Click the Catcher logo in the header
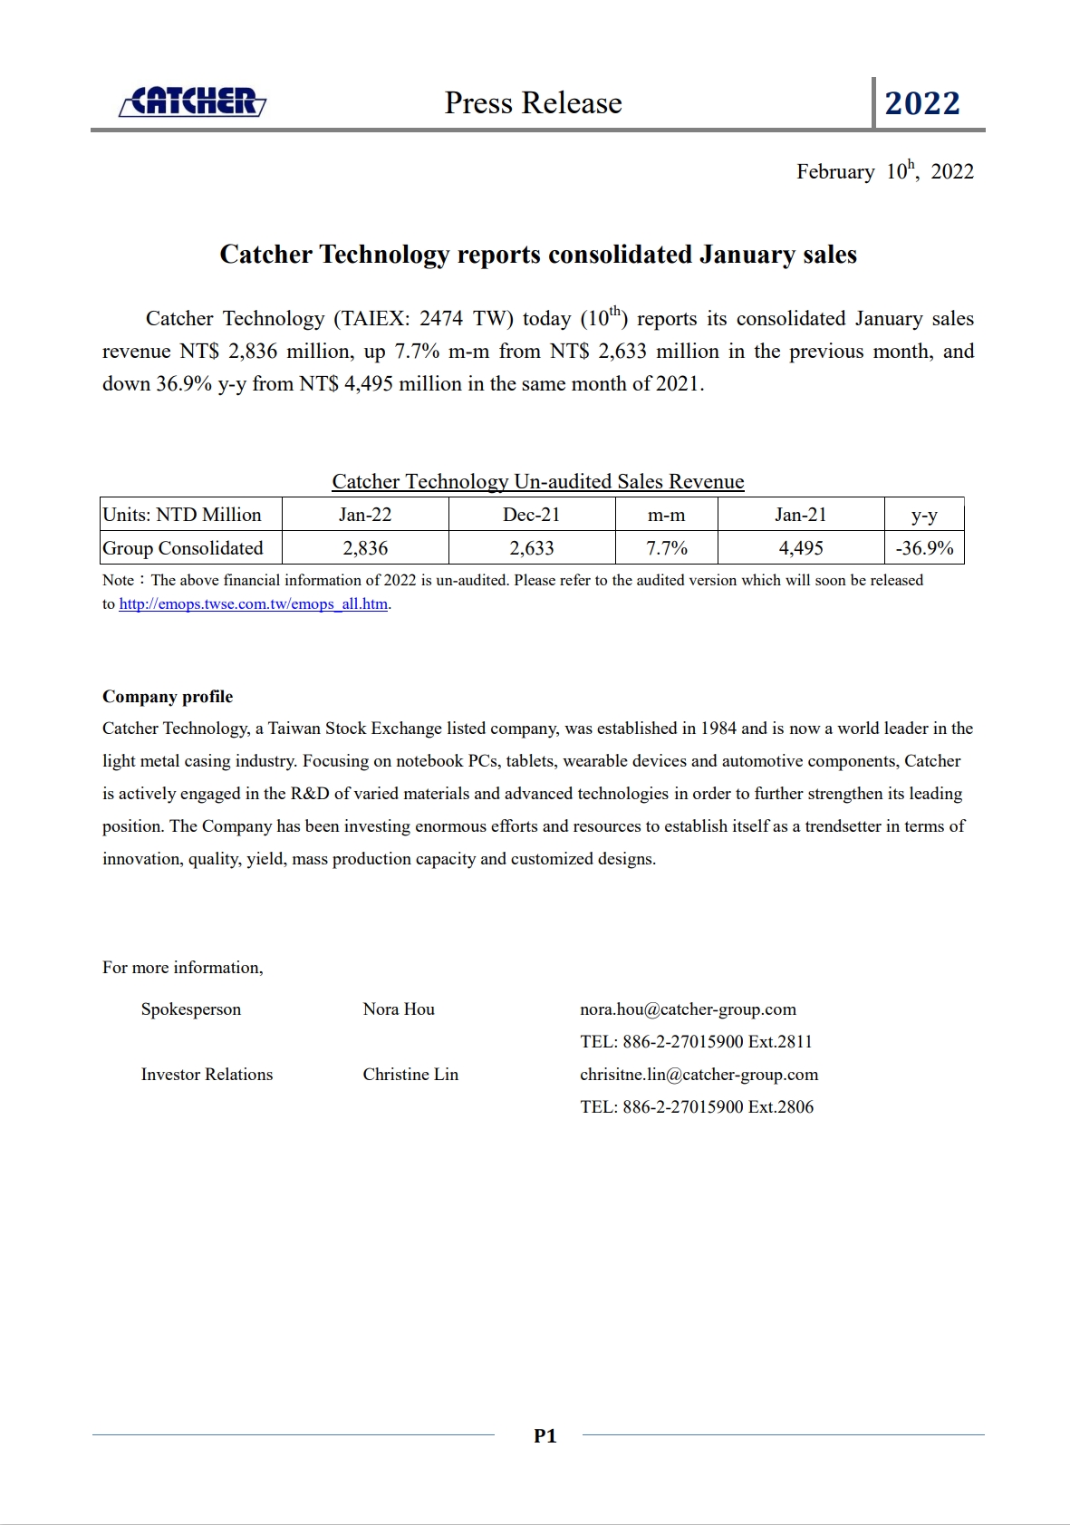[193, 102]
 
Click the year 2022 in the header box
[922, 103]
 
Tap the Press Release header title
[533, 103]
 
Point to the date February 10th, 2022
[884, 171]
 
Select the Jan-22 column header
[365, 515]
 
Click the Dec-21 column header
[532, 515]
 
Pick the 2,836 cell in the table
[365, 548]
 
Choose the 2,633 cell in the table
[532, 548]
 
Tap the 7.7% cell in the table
[667, 548]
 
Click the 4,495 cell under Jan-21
[801, 548]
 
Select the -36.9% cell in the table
[924, 548]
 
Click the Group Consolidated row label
[183, 548]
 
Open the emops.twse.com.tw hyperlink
[254, 604]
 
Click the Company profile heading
[168, 697]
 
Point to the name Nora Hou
[399, 1009]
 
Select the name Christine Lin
[410, 1075]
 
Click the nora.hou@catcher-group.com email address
[688, 1009]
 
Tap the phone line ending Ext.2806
[697, 1107]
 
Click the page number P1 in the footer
[545, 1435]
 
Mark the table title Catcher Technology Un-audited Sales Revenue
[538, 481]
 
